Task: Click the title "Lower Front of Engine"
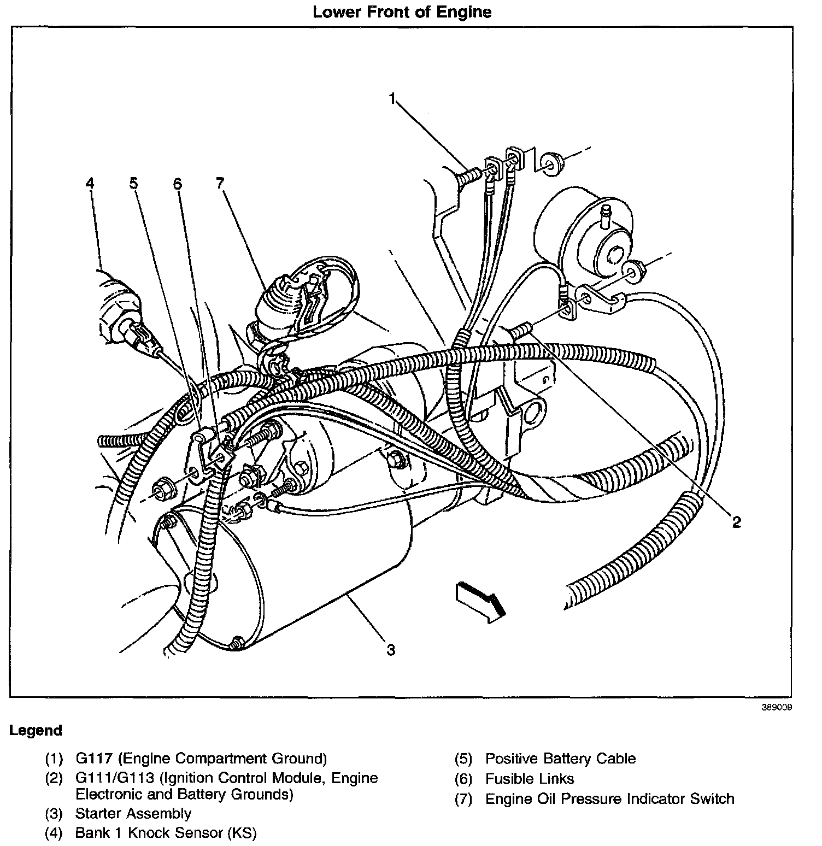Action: [x=402, y=13]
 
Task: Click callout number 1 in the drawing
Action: [x=392, y=98]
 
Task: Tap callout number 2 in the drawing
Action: [x=736, y=522]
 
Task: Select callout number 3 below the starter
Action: [x=391, y=650]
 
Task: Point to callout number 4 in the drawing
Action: [x=90, y=183]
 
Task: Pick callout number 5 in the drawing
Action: [x=134, y=183]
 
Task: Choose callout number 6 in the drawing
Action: [x=177, y=184]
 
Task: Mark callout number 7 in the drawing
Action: [x=220, y=183]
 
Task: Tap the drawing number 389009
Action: [x=777, y=707]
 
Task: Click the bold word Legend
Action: [x=36, y=731]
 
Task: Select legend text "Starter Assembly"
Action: [x=133, y=813]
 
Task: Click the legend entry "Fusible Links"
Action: [x=530, y=779]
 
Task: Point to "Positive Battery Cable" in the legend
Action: [x=560, y=759]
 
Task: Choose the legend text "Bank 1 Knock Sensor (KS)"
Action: [x=166, y=833]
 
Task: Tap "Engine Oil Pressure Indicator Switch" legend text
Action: [x=609, y=799]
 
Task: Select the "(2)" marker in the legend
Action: [x=54, y=779]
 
